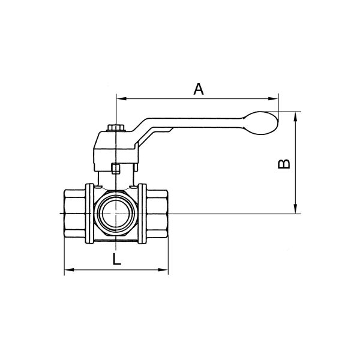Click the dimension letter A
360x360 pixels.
pos(199,89)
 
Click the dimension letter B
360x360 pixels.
pos(284,164)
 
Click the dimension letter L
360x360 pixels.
pos(117,259)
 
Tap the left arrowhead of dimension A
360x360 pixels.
pos(122,99)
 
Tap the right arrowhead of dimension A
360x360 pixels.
pos(273,99)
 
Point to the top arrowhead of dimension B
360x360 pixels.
pos(296,117)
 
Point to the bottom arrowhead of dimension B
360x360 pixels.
pos(296,209)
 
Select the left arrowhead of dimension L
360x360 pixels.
pos(69,269)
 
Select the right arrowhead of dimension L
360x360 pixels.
pos(163,269)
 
